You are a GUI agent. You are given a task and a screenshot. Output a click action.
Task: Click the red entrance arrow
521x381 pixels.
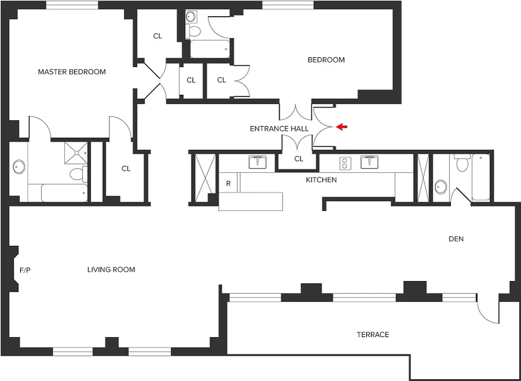click(342, 127)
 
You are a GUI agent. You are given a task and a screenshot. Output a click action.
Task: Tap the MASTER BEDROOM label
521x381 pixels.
click(72, 72)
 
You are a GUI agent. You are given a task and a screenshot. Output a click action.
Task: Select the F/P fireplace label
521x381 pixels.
click(25, 270)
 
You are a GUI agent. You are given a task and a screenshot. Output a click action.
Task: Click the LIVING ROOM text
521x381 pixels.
click(111, 270)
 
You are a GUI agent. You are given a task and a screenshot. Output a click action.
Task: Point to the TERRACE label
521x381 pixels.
click(373, 335)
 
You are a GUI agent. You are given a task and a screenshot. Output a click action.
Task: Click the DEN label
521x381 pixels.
click(456, 239)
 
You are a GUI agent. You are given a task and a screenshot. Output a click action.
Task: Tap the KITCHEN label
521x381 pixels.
click(321, 180)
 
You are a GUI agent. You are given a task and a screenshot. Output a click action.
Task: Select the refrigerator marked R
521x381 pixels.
click(228, 183)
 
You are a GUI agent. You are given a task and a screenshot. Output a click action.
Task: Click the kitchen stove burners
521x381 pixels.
click(344, 164)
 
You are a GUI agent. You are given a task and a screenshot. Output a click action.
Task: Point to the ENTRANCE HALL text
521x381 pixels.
click(279, 129)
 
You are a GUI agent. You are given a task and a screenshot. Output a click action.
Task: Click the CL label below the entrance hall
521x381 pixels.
click(298, 159)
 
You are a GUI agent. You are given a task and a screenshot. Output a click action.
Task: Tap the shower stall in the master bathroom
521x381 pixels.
click(76, 152)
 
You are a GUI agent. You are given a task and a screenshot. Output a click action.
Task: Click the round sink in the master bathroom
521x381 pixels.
click(19, 167)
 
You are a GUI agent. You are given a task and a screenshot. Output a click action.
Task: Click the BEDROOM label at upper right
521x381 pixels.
click(326, 60)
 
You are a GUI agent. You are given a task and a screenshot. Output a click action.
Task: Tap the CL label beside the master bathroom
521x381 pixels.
click(126, 169)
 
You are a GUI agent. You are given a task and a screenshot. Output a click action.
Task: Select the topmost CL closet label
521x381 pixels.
click(158, 36)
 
